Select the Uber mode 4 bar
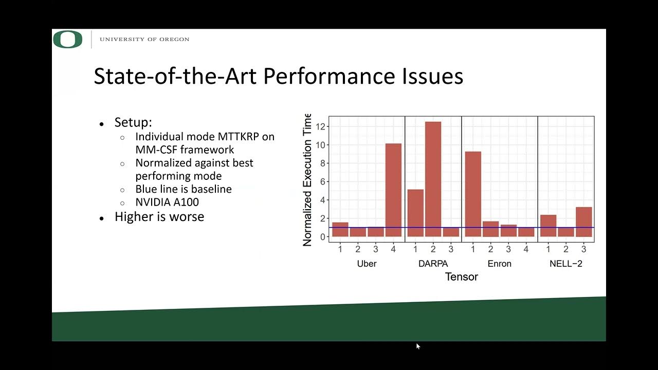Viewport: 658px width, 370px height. (x=393, y=190)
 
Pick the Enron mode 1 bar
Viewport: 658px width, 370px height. (x=473, y=194)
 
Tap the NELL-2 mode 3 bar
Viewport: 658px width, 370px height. (x=583, y=221)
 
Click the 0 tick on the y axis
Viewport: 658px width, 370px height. (x=322, y=237)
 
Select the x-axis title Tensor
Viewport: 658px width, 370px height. (x=461, y=277)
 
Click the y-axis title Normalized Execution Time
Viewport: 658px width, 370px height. (x=307, y=180)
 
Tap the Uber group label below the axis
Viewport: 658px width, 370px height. (x=367, y=264)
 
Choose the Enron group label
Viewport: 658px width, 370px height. (x=499, y=264)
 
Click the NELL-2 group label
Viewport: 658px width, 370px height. (x=565, y=264)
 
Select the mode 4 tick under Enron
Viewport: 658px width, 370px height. (x=526, y=250)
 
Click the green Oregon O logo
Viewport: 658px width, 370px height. (x=68, y=40)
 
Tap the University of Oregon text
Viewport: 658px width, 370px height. (x=144, y=40)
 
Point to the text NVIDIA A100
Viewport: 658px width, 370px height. (x=167, y=202)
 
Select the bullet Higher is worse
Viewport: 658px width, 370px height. (x=159, y=217)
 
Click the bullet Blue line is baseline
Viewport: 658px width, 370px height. (x=183, y=189)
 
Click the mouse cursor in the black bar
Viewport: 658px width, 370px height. (x=418, y=346)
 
